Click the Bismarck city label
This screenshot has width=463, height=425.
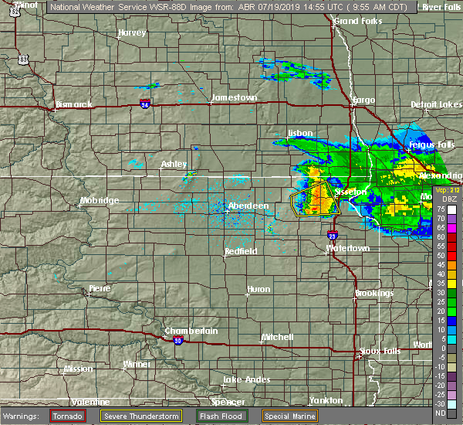[x=74, y=104]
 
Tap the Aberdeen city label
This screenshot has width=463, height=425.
[x=248, y=206]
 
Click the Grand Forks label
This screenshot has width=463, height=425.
[x=359, y=21]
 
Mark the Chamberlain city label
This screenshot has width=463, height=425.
[x=191, y=331]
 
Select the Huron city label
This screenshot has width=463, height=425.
[x=258, y=290]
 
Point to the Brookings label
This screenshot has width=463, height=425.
[x=374, y=294]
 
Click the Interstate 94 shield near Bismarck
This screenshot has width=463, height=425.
[x=146, y=104]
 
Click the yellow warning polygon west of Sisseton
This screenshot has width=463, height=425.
[x=313, y=199]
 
